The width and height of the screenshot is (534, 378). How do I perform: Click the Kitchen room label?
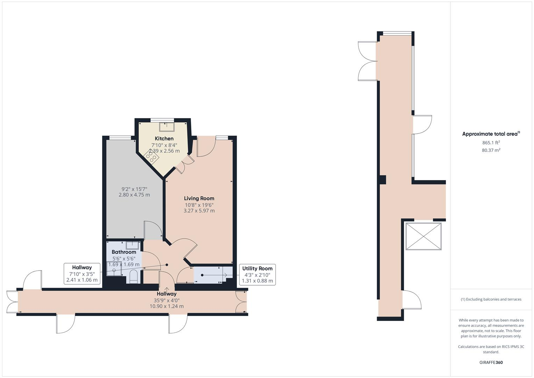pyautogui.click(x=164, y=139)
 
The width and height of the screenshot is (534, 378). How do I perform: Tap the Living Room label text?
pyautogui.click(x=199, y=198)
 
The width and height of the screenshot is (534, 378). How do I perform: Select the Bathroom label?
pyautogui.click(x=124, y=252)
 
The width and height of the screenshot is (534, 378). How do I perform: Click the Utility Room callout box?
pyautogui.click(x=257, y=274)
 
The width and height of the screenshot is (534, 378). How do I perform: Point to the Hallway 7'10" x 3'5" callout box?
pyautogui.click(x=82, y=273)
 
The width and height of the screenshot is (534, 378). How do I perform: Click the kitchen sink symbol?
pyautogui.click(x=166, y=126)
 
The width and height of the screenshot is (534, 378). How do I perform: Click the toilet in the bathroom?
pyautogui.click(x=134, y=276)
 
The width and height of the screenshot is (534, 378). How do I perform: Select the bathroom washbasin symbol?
pyautogui.click(x=133, y=245)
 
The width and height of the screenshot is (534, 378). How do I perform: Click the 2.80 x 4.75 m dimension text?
pyautogui.click(x=134, y=195)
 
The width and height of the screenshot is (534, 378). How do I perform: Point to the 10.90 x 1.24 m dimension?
pyautogui.click(x=166, y=306)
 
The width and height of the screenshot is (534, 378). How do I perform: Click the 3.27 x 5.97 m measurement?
pyautogui.click(x=199, y=211)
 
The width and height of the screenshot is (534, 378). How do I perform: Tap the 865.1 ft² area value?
pyautogui.click(x=491, y=142)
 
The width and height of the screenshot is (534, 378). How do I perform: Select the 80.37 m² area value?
pyautogui.click(x=491, y=150)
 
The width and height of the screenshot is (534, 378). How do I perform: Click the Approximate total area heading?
pyautogui.click(x=491, y=134)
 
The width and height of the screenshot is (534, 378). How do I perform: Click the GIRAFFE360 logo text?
pyautogui.click(x=491, y=362)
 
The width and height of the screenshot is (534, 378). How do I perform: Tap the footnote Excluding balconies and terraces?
pyautogui.click(x=491, y=299)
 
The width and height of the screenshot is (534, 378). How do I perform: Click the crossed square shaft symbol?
pyautogui.click(x=423, y=236)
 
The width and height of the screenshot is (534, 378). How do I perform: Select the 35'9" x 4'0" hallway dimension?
pyautogui.click(x=166, y=300)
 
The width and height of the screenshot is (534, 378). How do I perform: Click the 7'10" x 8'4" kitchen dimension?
pyautogui.click(x=164, y=145)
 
